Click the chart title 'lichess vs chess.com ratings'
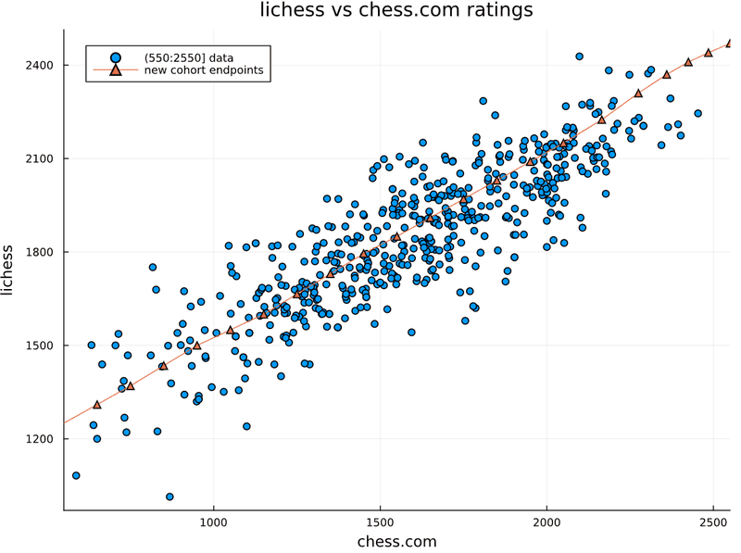(x=396, y=9)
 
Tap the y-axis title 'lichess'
(x=7, y=270)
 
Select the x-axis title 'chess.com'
(x=397, y=541)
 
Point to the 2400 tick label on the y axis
(x=40, y=65)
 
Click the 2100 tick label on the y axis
(x=40, y=158)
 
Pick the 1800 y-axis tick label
(x=40, y=252)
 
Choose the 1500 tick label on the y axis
(x=40, y=346)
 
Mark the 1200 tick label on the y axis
(x=40, y=439)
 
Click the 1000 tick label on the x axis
(x=214, y=522)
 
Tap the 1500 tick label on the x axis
(x=381, y=522)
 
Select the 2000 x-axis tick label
(x=546, y=522)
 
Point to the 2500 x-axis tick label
(x=713, y=522)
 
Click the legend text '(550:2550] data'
(x=189, y=57)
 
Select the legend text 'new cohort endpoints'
(x=204, y=70)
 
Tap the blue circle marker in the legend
(x=115, y=57)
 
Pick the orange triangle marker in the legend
(x=115, y=70)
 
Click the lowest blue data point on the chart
(x=170, y=496)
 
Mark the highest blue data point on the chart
(x=580, y=57)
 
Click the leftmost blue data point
(x=76, y=475)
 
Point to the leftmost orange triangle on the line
(x=97, y=405)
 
